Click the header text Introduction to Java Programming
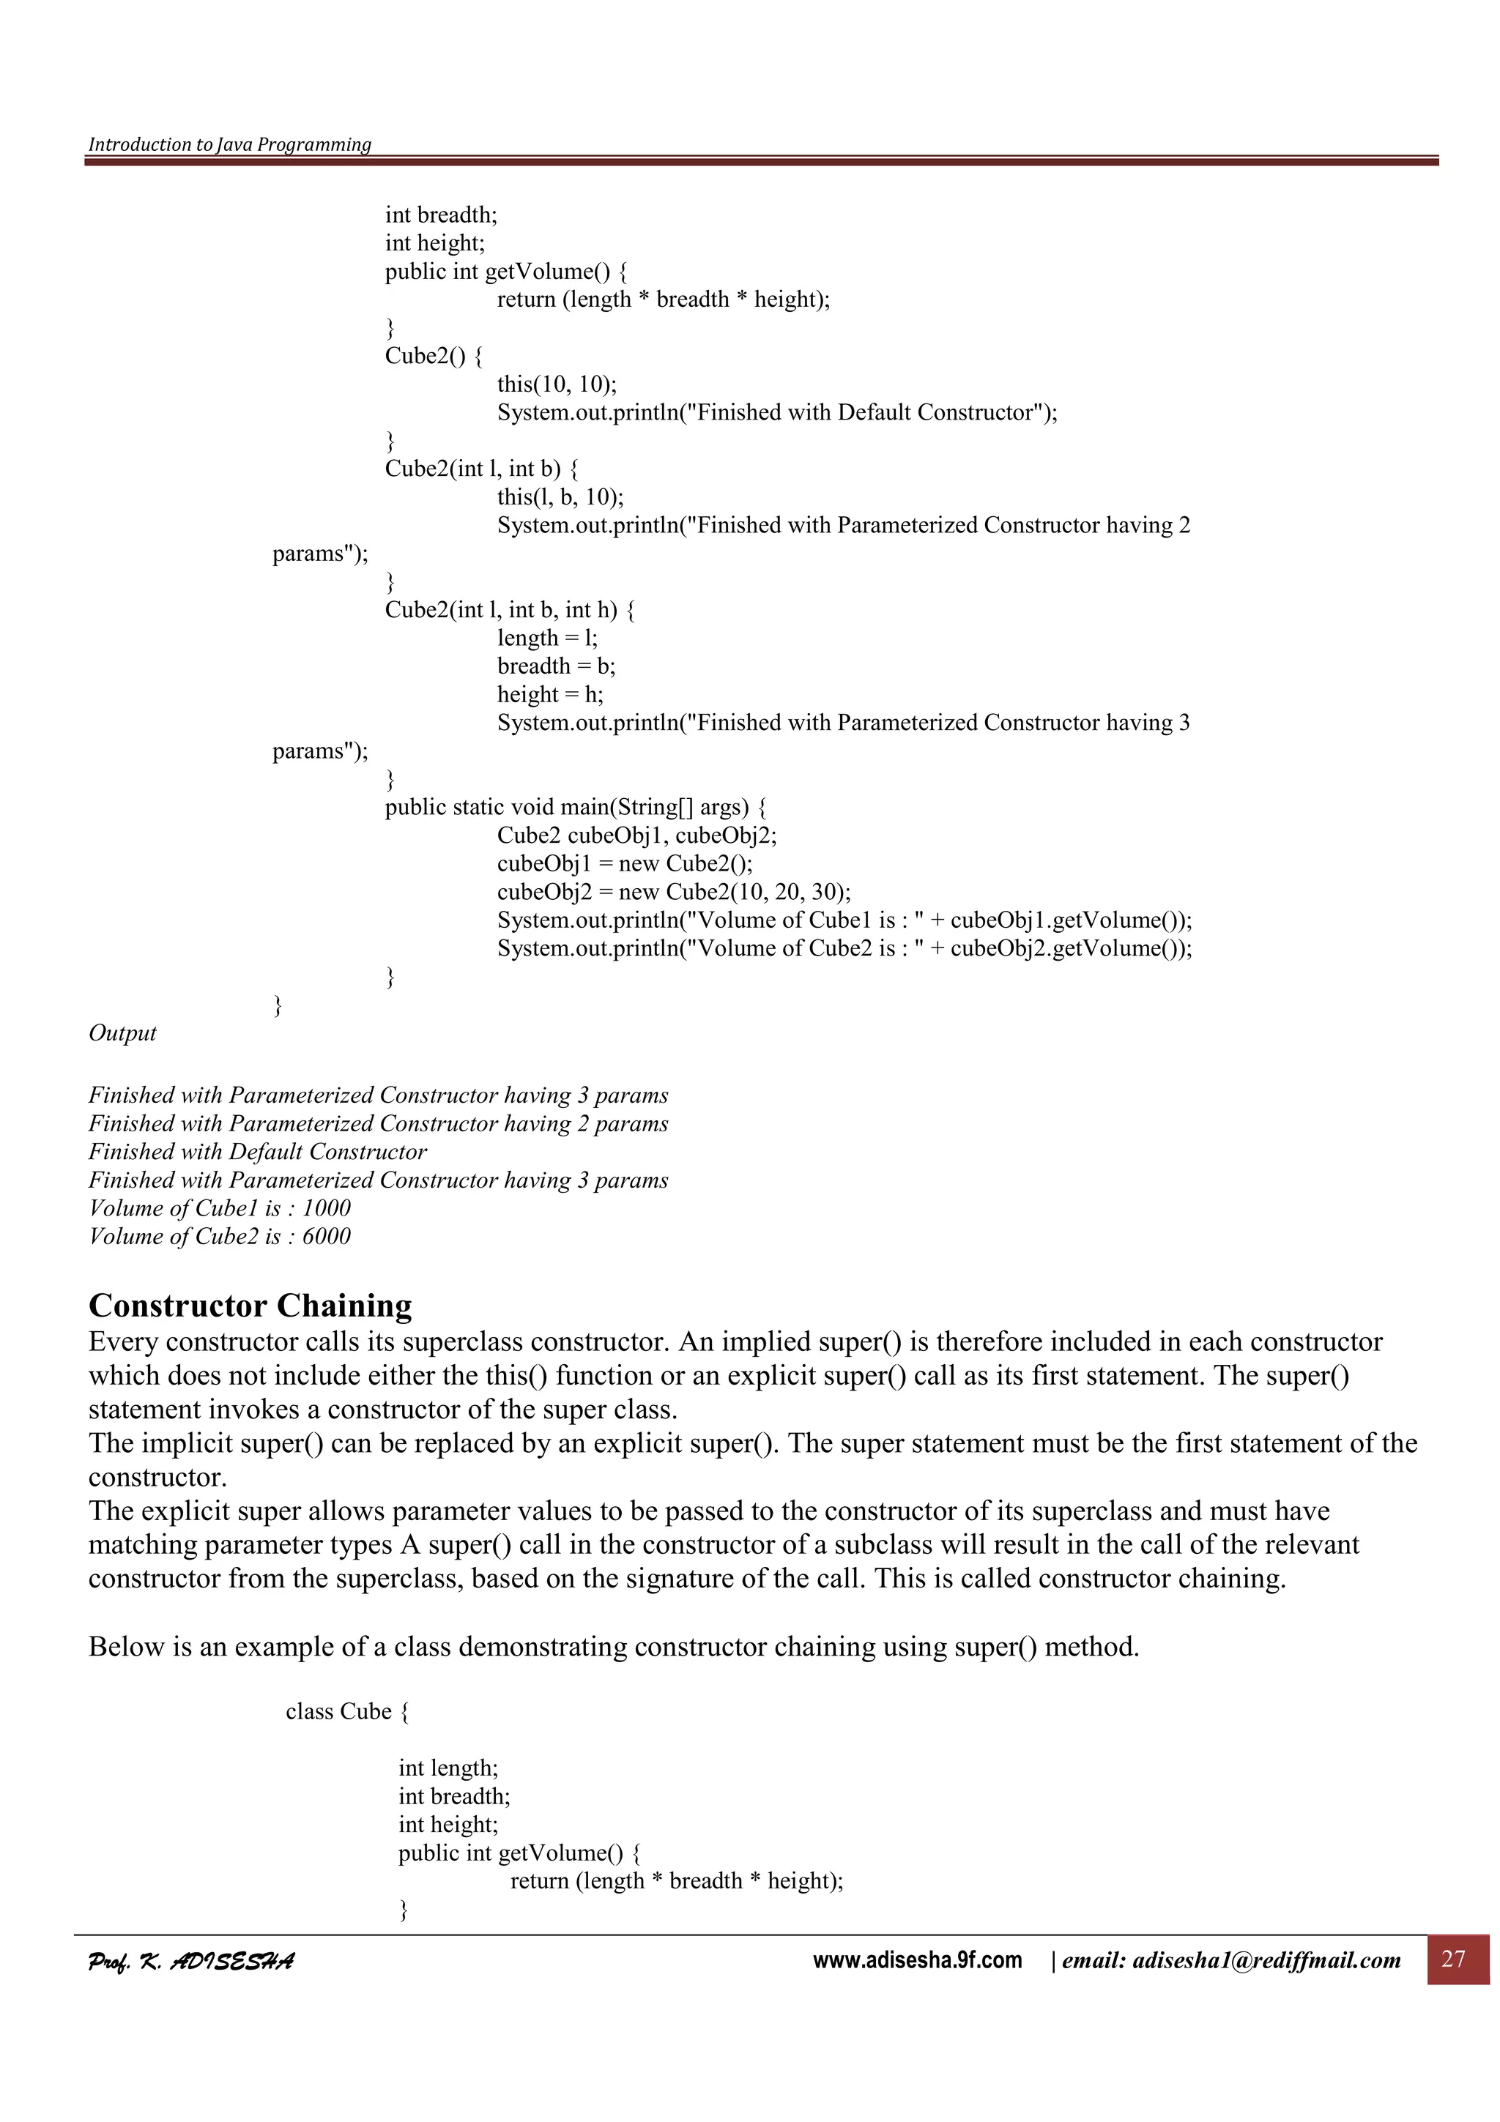click(229, 144)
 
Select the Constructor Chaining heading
click(250, 1305)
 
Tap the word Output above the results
click(122, 1032)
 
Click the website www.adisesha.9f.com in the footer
click(917, 1959)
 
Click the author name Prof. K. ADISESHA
click(190, 1960)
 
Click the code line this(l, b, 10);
click(560, 496)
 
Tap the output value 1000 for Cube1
click(326, 1208)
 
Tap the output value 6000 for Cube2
click(326, 1236)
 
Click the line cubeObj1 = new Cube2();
click(625, 863)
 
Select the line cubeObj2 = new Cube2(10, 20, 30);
click(674, 891)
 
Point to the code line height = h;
click(550, 694)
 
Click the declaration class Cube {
click(347, 1712)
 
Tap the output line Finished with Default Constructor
click(258, 1152)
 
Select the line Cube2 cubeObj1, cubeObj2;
click(636, 835)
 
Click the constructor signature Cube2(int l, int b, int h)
click(509, 609)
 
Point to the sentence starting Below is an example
click(613, 1647)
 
